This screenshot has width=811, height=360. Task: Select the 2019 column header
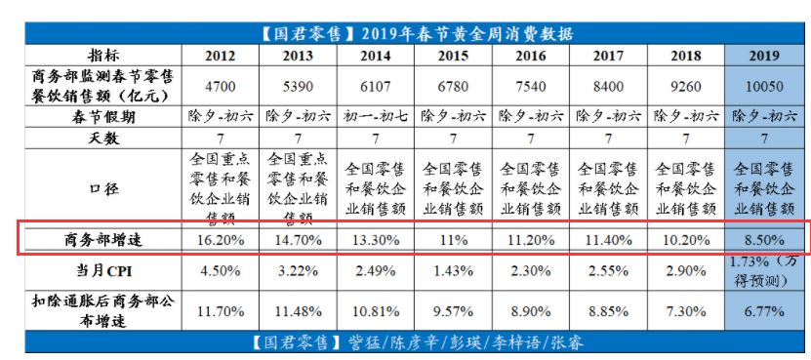tap(767, 56)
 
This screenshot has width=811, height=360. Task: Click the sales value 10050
tap(767, 87)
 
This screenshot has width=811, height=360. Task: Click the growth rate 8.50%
tap(767, 237)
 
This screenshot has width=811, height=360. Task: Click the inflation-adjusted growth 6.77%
tap(767, 309)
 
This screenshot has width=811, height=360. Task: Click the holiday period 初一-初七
tap(375, 116)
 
